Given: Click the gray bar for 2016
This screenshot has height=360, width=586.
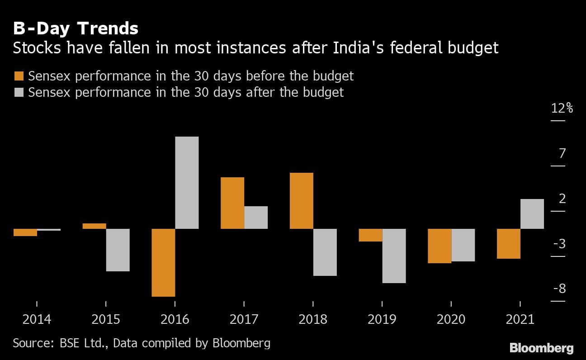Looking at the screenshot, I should (187, 183).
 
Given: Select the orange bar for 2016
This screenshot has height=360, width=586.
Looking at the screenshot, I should (163, 262).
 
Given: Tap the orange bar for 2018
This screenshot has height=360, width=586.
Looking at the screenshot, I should (302, 201).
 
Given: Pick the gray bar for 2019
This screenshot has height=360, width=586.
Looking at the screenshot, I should (394, 256).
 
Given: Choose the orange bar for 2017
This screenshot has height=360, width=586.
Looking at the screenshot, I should (232, 203).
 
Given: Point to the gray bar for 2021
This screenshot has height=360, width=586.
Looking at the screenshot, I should (532, 214).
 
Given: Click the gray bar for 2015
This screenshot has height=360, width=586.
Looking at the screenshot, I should (118, 250).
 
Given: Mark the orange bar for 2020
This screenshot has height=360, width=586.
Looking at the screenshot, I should (440, 246).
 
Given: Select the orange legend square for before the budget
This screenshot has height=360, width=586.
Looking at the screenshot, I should (19, 76).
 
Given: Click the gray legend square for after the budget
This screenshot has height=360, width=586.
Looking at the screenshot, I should (19, 92).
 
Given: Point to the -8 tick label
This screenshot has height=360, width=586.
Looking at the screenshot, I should (559, 289).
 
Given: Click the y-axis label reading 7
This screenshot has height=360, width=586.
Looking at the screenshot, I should (562, 154).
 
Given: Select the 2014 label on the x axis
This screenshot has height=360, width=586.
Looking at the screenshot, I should (37, 319).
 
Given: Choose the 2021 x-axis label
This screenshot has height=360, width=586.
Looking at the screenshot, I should (520, 319).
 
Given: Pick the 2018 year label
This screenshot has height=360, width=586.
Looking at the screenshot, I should (313, 319).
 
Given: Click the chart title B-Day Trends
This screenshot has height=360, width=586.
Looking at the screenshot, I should (76, 29).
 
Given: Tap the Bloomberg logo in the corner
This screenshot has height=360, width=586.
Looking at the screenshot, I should (541, 348).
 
